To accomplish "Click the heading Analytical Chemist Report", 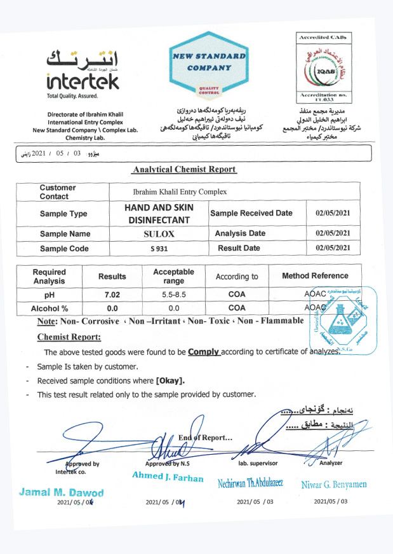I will click(x=185, y=169).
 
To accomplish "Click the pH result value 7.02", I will click(x=112, y=295).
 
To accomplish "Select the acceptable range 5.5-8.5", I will click(x=173, y=295).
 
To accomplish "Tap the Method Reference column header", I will click(x=315, y=276).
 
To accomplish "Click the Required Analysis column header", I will click(x=49, y=276).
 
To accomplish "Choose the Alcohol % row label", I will click(x=50, y=308).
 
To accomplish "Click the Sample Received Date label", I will click(x=251, y=213).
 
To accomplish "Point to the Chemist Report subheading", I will click(x=69, y=336).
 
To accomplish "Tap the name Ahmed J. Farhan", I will click(x=168, y=478).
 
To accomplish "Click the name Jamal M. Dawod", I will click(x=61, y=492).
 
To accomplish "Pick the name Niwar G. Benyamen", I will click(x=334, y=485).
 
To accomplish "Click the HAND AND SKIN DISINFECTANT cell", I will click(x=159, y=214).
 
